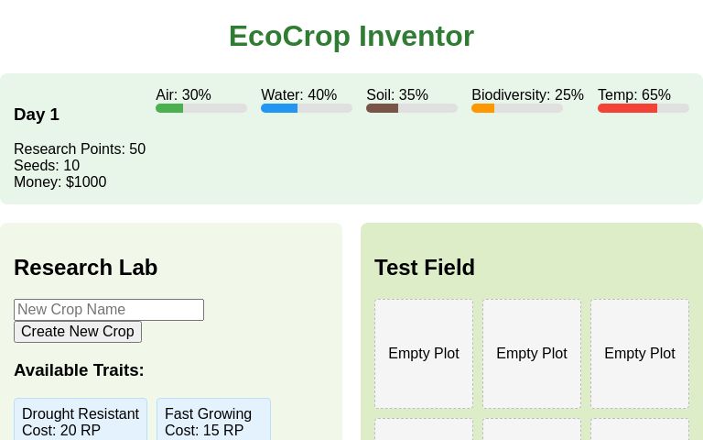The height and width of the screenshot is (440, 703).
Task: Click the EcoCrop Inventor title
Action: pyautogui.click(x=351, y=36)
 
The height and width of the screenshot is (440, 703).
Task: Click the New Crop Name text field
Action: pyautogui.click(x=109, y=310)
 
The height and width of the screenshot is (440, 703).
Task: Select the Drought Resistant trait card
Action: pyautogui.click(x=81, y=420)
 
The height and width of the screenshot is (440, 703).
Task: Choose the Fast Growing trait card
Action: pyautogui.click(x=213, y=420)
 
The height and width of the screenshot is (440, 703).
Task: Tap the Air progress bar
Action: pyautogui.click(x=201, y=108)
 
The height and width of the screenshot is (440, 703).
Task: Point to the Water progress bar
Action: pyautogui.click(x=307, y=108)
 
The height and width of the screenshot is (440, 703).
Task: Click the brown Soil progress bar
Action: pyautogui.click(x=412, y=108)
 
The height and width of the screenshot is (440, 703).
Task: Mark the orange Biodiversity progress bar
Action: pyautogui.click(x=517, y=108)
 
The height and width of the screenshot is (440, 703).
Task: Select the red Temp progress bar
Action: pyautogui.click(x=644, y=108)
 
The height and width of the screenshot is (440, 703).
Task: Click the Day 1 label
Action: pyautogui.click(x=37, y=115)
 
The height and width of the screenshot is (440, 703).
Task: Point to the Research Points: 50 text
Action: pyautogui.click(x=80, y=149)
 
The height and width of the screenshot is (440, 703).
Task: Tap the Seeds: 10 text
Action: pyautogui.click(x=47, y=166)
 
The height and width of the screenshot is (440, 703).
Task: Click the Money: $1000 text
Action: pyautogui.click(x=60, y=182)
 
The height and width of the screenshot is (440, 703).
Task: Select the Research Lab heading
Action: pyautogui.click(x=86, y=268)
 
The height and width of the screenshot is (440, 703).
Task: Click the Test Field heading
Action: pyautogui.click(x=425, y=268)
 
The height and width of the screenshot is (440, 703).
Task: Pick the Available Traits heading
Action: pyautogui.click(x=79, y=370)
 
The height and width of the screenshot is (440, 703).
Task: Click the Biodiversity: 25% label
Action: pyautogui.click(x=527, y=95)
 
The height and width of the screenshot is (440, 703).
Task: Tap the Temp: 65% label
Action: pyautogui.click(x=634, y=95)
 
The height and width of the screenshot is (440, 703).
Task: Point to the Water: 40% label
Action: pyautogui.click(x=298, y=95)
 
